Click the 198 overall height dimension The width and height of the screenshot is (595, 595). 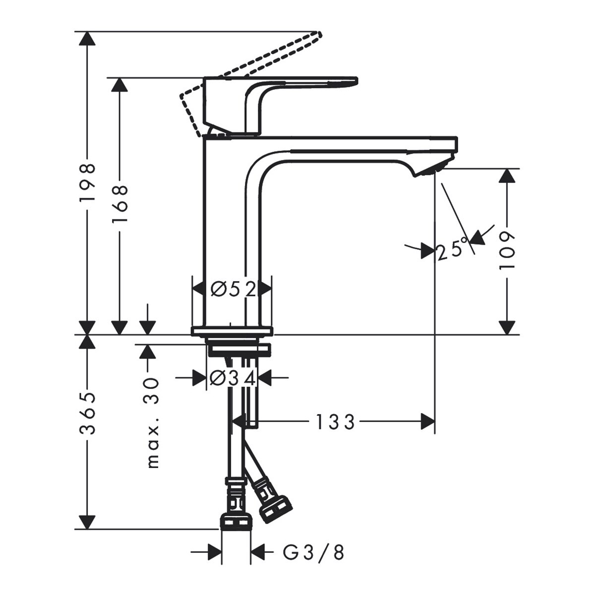(88, 183)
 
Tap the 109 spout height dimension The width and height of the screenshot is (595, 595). (507, 251)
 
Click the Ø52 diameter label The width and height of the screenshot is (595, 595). (234, 289)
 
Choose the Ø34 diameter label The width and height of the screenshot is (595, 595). (233, 378)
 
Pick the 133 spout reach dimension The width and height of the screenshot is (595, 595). (335, 422)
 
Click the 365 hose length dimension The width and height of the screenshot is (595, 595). (88, 414)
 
